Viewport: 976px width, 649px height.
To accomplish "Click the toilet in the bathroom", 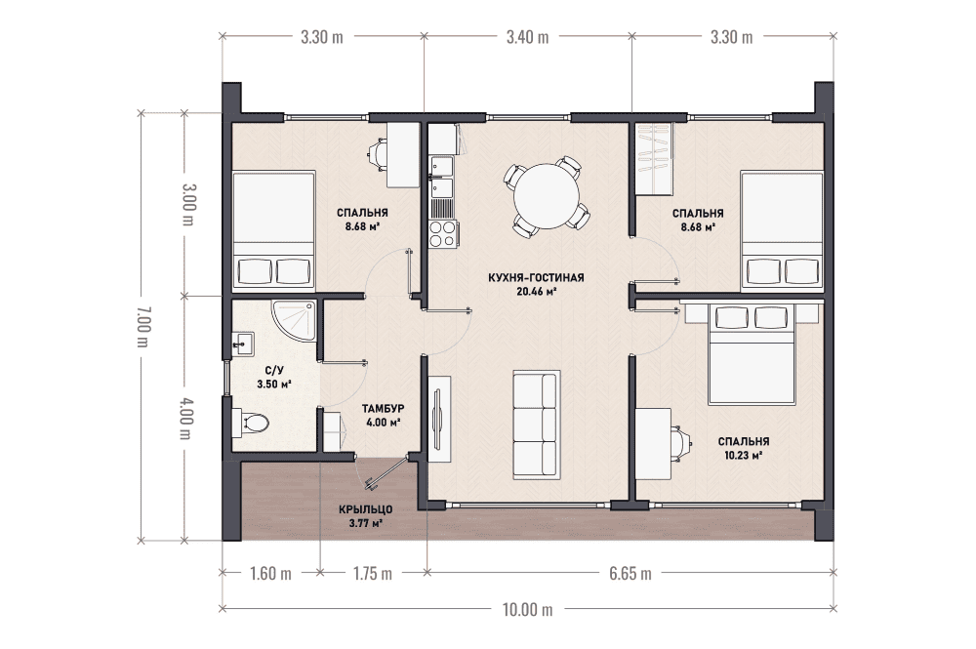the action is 251,423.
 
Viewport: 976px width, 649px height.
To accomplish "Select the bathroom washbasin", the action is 243,344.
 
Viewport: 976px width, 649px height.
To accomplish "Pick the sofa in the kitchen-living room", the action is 535,425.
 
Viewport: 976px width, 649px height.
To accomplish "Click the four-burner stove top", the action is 442,233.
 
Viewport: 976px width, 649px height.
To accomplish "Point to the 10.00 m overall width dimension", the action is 528,609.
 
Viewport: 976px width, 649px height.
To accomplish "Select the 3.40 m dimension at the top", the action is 528,37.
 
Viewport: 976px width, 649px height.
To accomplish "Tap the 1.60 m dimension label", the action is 270,573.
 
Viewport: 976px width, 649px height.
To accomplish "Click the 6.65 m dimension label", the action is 630,573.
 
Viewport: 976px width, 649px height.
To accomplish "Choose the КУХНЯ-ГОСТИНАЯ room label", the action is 536,277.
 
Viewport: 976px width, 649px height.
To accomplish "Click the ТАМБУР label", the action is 384,408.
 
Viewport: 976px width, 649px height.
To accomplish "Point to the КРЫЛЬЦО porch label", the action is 366,509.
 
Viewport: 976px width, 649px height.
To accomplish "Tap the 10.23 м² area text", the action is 744,455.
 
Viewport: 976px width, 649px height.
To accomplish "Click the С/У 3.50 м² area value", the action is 274,384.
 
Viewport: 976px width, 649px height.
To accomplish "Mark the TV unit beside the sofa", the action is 439,419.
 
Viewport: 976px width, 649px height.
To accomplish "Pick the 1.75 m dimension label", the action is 373,573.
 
